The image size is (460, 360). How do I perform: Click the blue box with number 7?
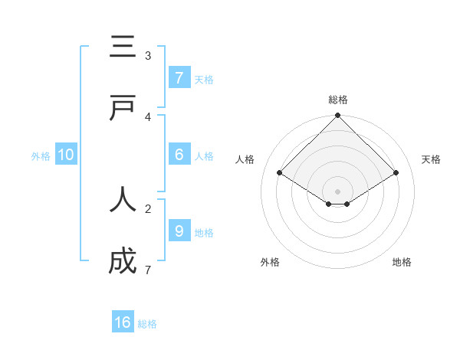click(179, 77)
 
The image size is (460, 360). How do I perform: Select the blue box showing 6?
click(179, 155)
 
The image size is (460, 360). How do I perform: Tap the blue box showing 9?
click(179, 231)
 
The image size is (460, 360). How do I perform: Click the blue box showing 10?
click(66, 155)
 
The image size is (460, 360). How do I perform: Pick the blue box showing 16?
click(123, 322)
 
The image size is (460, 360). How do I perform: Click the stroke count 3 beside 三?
click(148, 56)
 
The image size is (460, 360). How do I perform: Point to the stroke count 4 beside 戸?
click(148, 117)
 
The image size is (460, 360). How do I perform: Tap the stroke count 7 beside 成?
click(148, 270)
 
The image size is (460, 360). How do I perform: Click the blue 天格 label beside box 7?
click(204, 80)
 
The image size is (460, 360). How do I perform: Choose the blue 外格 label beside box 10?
click(41, 156)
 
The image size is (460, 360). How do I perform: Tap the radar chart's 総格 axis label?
click(338, 100)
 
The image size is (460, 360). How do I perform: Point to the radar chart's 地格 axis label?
click(402, 262)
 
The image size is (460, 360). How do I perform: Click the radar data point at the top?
click(338, 116)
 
